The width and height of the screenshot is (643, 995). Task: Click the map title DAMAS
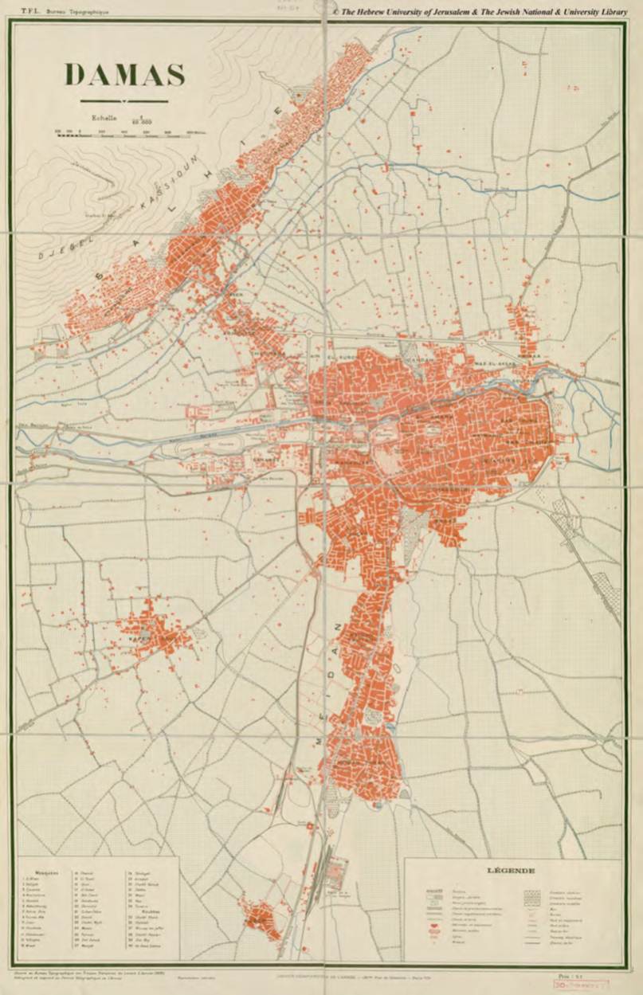point(125,75)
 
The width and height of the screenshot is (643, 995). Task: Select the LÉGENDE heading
point(510,871)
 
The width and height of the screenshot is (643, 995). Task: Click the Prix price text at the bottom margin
point(566,975)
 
